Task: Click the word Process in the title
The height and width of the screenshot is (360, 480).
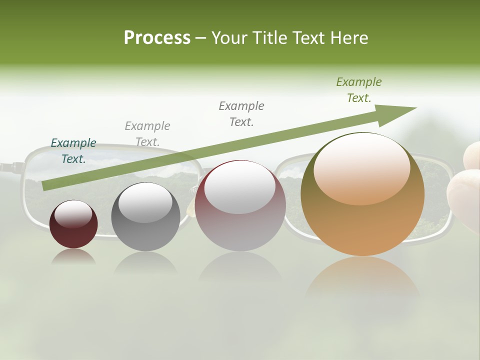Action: pos(157,37)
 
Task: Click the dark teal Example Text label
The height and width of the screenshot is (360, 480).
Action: pos(73,150)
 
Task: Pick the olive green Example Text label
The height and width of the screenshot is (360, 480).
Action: pos(359,90)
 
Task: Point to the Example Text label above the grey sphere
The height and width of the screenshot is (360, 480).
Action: pos(147,133)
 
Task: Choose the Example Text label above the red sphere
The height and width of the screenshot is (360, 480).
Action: pos(241,113)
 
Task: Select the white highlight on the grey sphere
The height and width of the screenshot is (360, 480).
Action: pos(145,202)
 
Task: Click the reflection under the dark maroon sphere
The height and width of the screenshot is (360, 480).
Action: pos(73,256)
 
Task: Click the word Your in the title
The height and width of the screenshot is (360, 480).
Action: pos(230,37)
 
